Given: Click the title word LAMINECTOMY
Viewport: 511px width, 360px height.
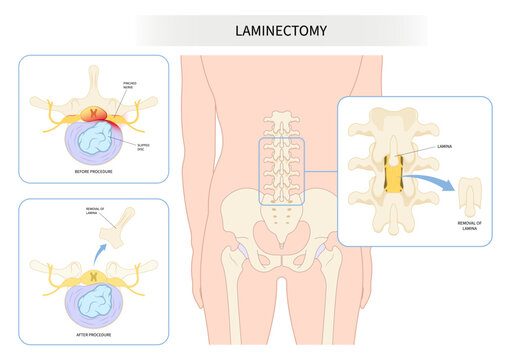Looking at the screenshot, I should pyautogui.click(x=282, y=31).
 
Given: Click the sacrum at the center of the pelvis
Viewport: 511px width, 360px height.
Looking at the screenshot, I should pyautogui.click(x=282, y=231).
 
